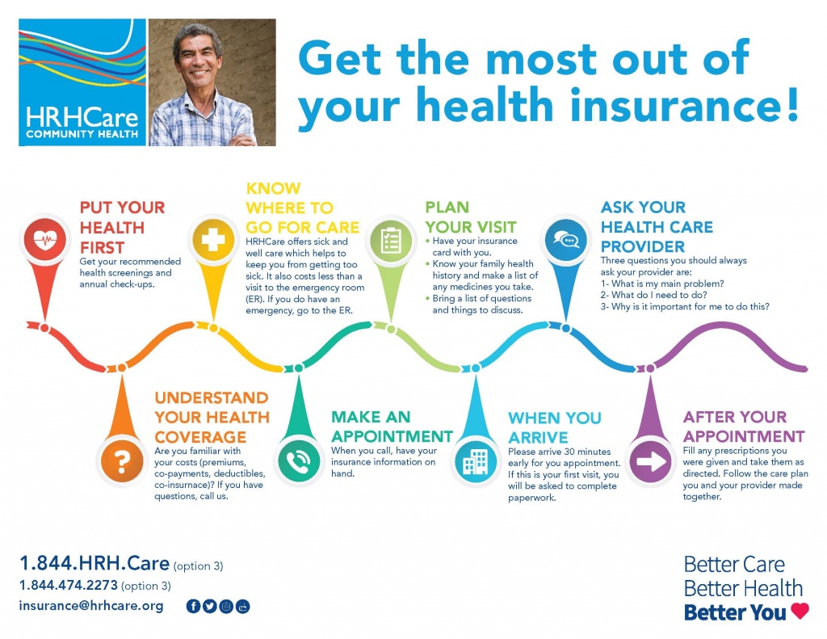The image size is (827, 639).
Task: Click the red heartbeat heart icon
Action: (45, 240)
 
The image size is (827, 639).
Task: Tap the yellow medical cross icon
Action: (213, 240)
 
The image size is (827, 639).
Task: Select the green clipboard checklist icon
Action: (390, 240)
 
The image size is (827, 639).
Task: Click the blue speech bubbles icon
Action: (566, 240)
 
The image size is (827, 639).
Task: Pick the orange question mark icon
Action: (122, 460)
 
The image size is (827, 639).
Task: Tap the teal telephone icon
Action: (299, 460)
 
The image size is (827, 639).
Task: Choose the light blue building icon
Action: (475, 462)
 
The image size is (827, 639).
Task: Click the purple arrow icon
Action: (651, 461)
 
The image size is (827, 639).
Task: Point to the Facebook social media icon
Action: (193, 607)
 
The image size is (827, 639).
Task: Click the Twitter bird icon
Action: (209, 607)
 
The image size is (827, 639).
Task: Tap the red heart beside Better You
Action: (800, 611)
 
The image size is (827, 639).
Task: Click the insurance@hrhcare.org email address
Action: (91, 606)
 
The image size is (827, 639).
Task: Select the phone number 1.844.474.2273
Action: (69, 585)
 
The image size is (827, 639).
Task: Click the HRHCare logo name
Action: (82, 117)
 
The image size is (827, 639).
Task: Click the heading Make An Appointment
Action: (392, 427)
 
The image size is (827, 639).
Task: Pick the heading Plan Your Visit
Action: (471, 217)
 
